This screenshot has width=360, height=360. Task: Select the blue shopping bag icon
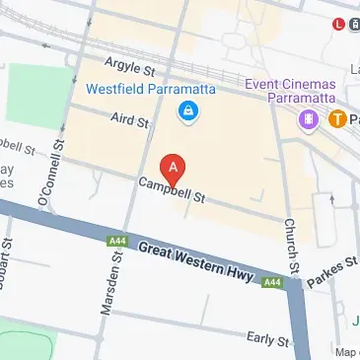pos(185,113)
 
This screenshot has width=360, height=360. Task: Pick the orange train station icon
pos(337,119)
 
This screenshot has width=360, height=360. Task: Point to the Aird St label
pos(129,119)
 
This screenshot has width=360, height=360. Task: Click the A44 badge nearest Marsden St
pos(116,240)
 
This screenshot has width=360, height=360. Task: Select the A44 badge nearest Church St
pos(273,282)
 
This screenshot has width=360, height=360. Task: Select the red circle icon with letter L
pos(340,24)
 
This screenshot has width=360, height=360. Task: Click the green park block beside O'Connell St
pos(39,95)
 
